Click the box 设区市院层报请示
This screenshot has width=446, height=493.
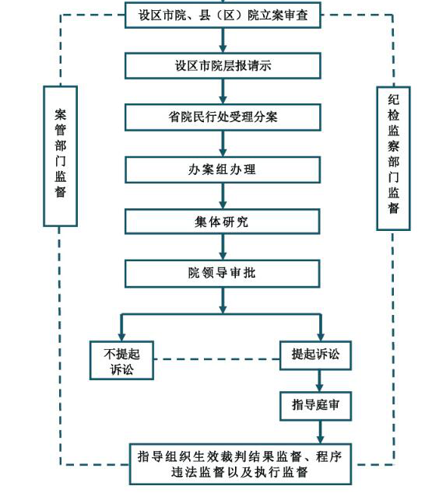pos(223,66)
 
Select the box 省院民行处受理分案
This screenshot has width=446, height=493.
pos(223,117)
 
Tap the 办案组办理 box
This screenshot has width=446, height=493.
pos(223,170)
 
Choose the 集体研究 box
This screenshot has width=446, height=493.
pos(223,222)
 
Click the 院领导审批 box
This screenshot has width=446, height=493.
pos(223,274)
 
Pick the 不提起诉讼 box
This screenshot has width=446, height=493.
pos(121,361)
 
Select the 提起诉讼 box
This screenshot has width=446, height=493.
pos(316,355)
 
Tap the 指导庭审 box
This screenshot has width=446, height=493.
pos(316,406)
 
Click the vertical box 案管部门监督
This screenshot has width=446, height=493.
pos(61,156)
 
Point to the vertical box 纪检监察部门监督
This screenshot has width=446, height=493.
pos(393,159)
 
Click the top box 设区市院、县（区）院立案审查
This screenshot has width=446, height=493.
pos(223,15)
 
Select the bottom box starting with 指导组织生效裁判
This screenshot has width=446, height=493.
pos(241,464)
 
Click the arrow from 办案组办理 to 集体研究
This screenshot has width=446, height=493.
pos(223,196)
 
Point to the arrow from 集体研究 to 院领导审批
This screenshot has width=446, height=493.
pos(223,247)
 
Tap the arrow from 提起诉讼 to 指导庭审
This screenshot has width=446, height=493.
pos(320,381)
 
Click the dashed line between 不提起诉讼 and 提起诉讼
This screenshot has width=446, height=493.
pos(217,359)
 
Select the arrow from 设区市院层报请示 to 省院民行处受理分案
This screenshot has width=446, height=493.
pos(223,92)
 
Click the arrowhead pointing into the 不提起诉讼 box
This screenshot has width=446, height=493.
pos(121,337)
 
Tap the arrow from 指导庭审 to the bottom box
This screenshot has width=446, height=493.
pos(321,432)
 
